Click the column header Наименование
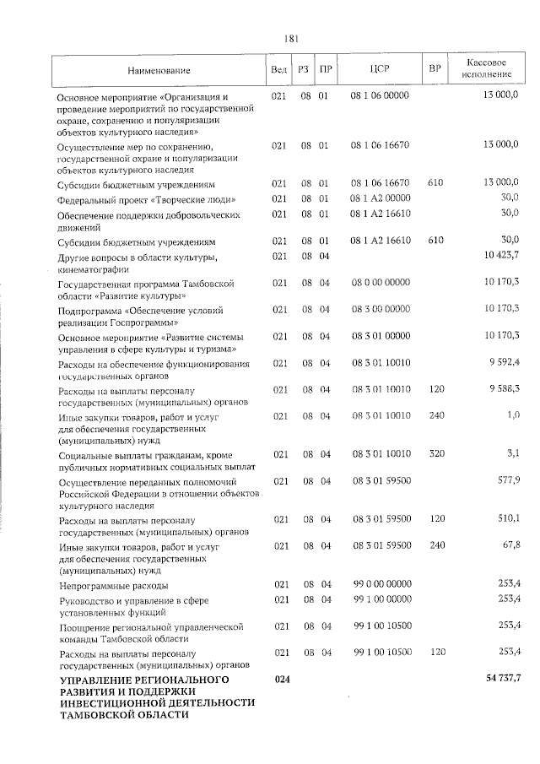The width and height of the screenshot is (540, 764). click(159, 69)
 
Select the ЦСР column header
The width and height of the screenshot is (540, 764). click(379, 68)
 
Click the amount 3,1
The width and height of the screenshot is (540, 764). click(512, 453)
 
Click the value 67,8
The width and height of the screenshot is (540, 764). click(510, 545)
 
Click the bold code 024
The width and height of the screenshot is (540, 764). click(280, 680)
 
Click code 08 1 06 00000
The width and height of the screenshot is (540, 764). click(379, 95)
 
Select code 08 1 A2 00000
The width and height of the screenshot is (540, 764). click(379, 198)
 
